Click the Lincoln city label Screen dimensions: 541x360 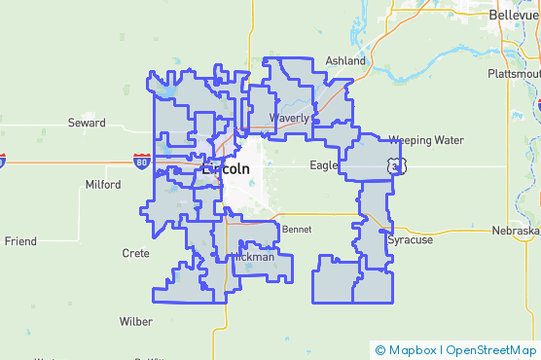tap(225, 168)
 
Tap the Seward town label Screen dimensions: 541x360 tap(86, 123)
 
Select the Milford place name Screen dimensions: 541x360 tap(103, 184)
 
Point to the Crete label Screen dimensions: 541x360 tap(135, 253)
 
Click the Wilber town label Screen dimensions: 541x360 tap(135, 321)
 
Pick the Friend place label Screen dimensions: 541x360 tap(20, 240)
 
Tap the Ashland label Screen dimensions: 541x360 tap(345, 60)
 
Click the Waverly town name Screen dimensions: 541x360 tap(289, 118)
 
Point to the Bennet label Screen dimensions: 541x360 tap(296, 230)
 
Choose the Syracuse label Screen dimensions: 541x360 tap(409, 239)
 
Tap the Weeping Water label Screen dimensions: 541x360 tap(426, 140)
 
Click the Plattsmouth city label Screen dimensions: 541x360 tap(515, 74)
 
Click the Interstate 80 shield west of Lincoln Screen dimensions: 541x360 tap(142, 162)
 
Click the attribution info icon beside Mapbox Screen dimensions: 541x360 tap(380, 350)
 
